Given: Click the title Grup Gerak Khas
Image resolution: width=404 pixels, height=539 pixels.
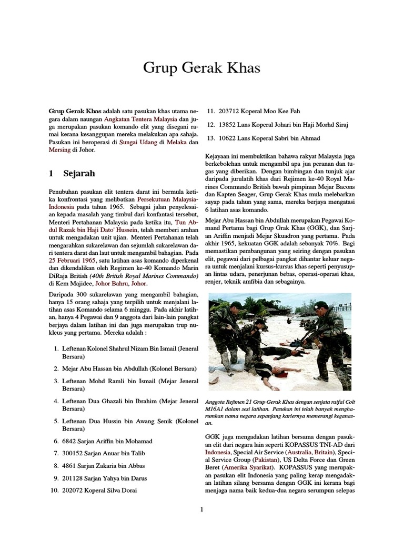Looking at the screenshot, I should tap(201, 68).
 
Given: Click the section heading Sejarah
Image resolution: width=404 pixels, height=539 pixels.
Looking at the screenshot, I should tap(79, 173).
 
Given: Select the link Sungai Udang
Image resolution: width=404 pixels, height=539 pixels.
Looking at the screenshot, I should tap(137, 142).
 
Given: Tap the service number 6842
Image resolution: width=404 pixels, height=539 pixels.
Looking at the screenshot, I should tap(70, 441).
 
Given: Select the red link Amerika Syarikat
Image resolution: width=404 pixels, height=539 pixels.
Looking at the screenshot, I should tap(248, 467).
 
